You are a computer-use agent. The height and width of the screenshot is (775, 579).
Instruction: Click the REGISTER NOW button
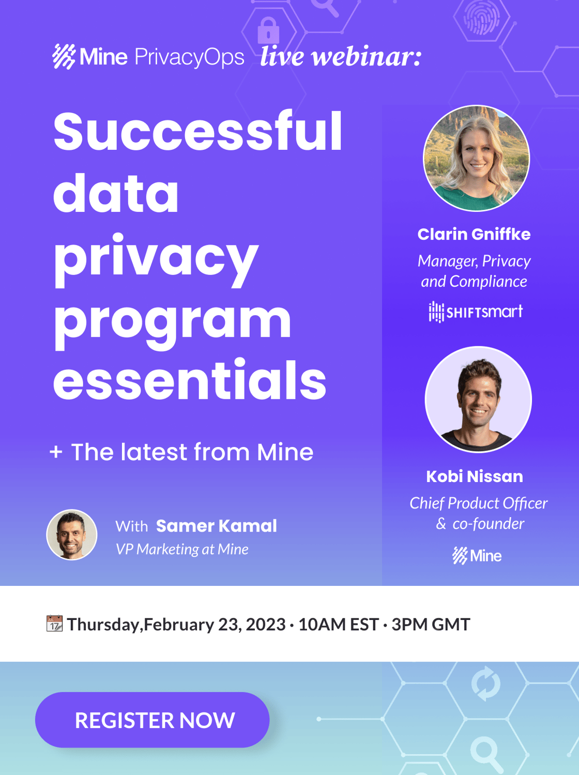click(x=153, y=720)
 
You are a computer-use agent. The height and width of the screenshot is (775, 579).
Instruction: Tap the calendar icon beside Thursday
click(x=55, y=624)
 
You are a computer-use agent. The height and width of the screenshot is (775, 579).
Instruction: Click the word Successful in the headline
click(x=198, y=131)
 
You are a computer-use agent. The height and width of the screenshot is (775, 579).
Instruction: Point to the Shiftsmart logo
click(x=476, y=312)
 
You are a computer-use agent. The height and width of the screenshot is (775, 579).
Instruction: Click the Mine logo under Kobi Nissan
click(x=477, y=556)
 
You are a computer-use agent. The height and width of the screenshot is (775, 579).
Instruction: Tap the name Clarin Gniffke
click(x=474, y=235)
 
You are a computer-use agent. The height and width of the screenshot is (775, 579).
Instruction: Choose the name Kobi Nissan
click(x=475, y=477)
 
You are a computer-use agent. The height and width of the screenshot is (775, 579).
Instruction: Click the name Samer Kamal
click(x=217, y=526)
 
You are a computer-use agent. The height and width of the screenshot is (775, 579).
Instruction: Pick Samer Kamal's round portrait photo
click(x=72, y=534)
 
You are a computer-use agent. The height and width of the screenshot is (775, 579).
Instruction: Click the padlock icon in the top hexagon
click(x=268, y=30)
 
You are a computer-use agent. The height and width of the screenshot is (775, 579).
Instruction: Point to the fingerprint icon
click(x=481, y=17)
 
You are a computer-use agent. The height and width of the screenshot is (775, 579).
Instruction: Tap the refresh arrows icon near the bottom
click(x=486, y=684)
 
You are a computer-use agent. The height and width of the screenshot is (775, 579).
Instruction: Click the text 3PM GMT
click(x=431, y=624)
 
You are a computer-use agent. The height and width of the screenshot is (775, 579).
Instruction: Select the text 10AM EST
click(x=339, y=624)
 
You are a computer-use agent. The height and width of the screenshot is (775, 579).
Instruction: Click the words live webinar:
click(x=341, y=56)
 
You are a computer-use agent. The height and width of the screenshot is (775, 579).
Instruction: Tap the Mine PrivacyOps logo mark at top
click(x=64, y=56)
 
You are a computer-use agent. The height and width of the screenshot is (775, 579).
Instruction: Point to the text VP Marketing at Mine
click(x=182, y=549)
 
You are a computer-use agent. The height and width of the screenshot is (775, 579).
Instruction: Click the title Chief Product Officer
click(x=478, y=503)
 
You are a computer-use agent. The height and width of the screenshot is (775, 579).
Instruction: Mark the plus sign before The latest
click(x=56, y=452)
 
